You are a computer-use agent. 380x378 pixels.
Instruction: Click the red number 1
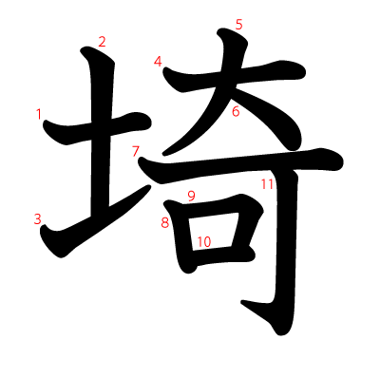tap(39, 115)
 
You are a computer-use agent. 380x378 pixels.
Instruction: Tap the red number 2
tap(102, 41)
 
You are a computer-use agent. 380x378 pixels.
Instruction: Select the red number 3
tap(38, 219)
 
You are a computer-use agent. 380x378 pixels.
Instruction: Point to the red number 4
tap(158, 62)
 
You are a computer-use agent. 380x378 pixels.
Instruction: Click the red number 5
tap(238, 25)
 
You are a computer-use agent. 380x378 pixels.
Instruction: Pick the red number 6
tap(235, 111)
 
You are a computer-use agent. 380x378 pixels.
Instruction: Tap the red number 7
tap(136, 151)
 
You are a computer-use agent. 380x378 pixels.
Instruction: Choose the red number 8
tap(164, 223)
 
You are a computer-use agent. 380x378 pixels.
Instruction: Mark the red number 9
tap(191, 197)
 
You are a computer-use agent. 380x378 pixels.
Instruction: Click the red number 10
tap(203, 241)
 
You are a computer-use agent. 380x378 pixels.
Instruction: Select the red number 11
tap(267, 184)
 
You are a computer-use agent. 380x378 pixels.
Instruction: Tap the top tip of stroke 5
tap(225, 35)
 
